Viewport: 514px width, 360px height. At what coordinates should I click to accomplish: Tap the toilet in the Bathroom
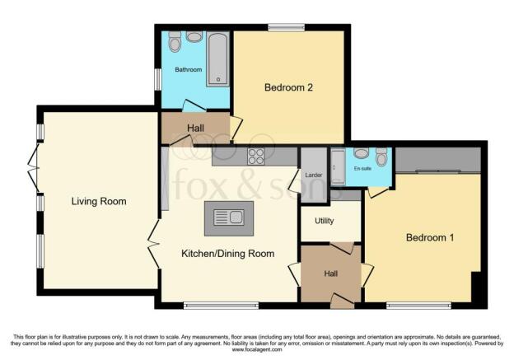[x=175, y=42]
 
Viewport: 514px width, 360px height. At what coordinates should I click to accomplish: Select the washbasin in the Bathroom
[x=194, y=36]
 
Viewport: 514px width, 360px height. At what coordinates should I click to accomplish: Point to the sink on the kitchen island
[x=228, y=217]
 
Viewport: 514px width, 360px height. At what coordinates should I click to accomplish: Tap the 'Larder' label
[x=313, y=175]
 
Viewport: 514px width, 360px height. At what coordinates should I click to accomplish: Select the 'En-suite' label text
[x=362, y=168]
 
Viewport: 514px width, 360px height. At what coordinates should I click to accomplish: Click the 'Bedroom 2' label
[x=287, y=86]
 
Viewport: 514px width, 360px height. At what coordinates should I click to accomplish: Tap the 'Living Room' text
[x=98, y=201]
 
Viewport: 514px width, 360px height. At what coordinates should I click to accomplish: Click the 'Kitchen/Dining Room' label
[x=227, y=254]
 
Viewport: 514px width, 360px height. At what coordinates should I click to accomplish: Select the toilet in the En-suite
[x=381, y=157]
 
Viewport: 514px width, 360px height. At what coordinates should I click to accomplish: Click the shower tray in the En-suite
[x=338, y=167]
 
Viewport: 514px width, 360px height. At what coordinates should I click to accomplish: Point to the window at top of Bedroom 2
[x=286, y=28]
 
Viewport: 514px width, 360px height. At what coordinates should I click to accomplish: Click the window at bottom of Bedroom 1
[x=411, y=306]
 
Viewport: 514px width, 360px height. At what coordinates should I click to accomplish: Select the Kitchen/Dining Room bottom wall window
[x=214, y=306]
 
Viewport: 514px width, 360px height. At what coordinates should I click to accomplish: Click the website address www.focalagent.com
[x=256, y=350]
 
